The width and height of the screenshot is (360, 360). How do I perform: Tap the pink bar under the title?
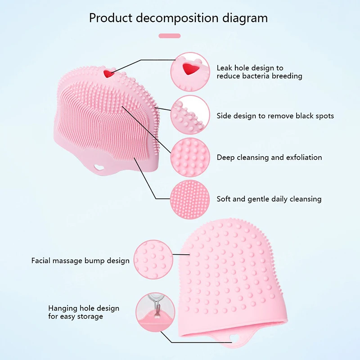[170, 36]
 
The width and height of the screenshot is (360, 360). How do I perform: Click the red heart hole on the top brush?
[108, 73]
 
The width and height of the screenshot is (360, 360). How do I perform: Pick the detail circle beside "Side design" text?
[190, 115]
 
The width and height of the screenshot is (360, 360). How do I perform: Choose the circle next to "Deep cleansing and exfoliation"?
[190, 157]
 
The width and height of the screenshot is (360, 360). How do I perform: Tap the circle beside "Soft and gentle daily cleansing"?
[190, 198]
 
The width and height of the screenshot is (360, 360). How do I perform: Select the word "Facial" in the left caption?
[42, 261]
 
